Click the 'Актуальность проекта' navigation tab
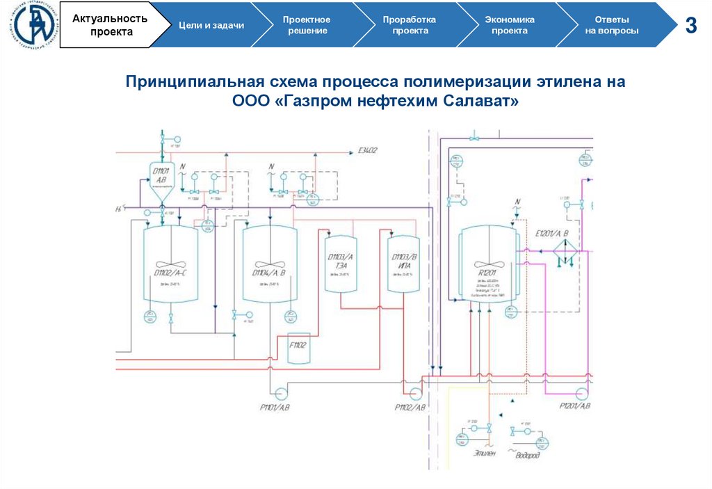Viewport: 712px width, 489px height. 110,25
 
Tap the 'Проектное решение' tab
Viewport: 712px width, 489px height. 306,25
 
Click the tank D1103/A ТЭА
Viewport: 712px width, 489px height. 340,268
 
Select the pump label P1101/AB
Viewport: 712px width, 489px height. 270,406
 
